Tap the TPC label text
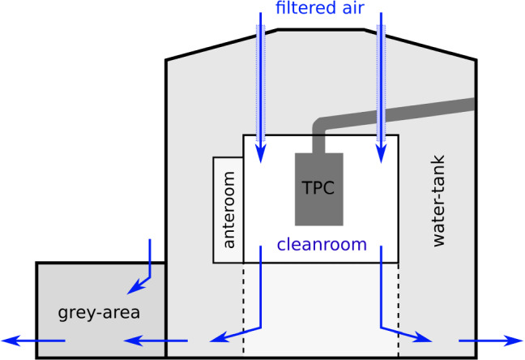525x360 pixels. point(318,186)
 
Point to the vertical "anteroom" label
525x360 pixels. point(228,210)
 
